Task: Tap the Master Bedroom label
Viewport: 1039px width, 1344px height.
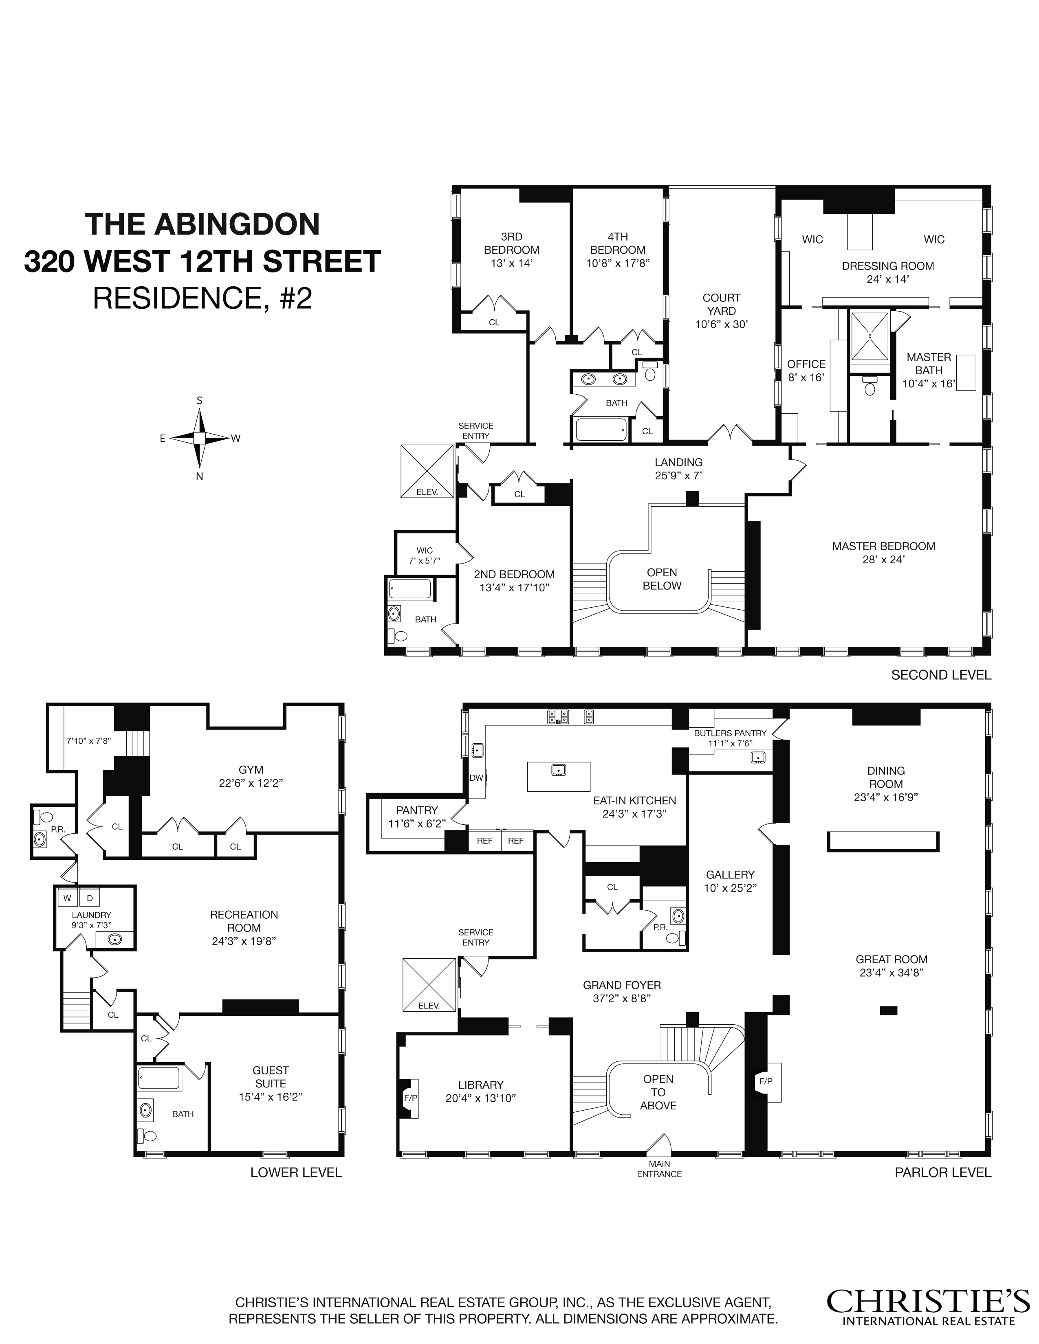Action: pyautogui.click(x=883, y=546)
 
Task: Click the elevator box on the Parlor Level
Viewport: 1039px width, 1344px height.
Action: pyautogui.click(x=429, y=985)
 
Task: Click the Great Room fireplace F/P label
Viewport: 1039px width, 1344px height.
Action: pyautogui.click(x=765, y=1080)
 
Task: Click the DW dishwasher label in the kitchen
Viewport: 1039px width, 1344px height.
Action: pyautogui.click(x=476, y=777)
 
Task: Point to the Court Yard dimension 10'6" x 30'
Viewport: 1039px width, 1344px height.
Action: pyautogui.click(x=721, y=324)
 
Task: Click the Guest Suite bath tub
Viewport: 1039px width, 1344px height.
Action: pyautogui.click(x=159, y=1078)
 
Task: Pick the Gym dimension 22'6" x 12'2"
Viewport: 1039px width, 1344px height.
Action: pyautogui.click(x=251, y=783)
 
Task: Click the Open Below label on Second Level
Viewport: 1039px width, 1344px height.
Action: pyautogui.click(x=662, y=579)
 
